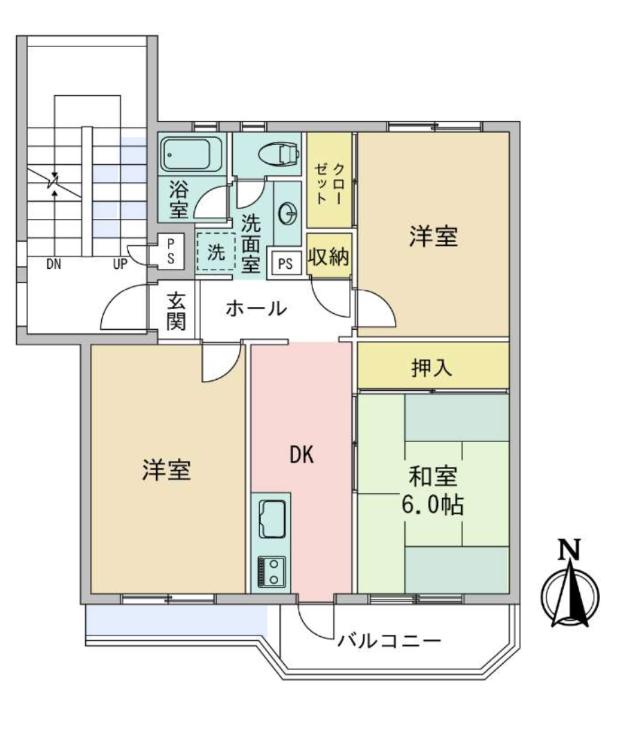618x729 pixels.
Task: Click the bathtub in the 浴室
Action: coord(193,153)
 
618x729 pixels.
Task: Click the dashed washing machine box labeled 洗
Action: coord(215,253)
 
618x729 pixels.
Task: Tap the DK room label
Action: coord(301,455)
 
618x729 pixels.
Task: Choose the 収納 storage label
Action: coord(329,256)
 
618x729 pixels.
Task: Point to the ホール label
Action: coord(256,308)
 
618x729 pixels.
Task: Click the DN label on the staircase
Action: coord(54,263)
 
